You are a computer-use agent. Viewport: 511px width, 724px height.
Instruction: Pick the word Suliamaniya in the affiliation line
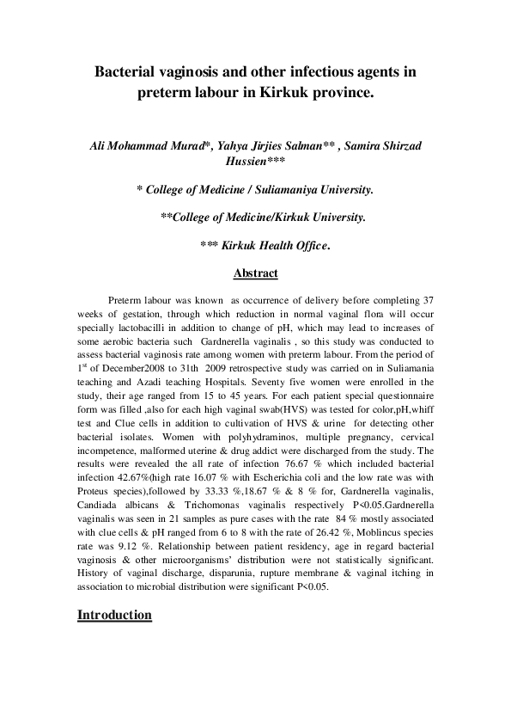(281, 188)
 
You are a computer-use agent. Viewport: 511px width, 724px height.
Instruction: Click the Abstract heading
(256, 273)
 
